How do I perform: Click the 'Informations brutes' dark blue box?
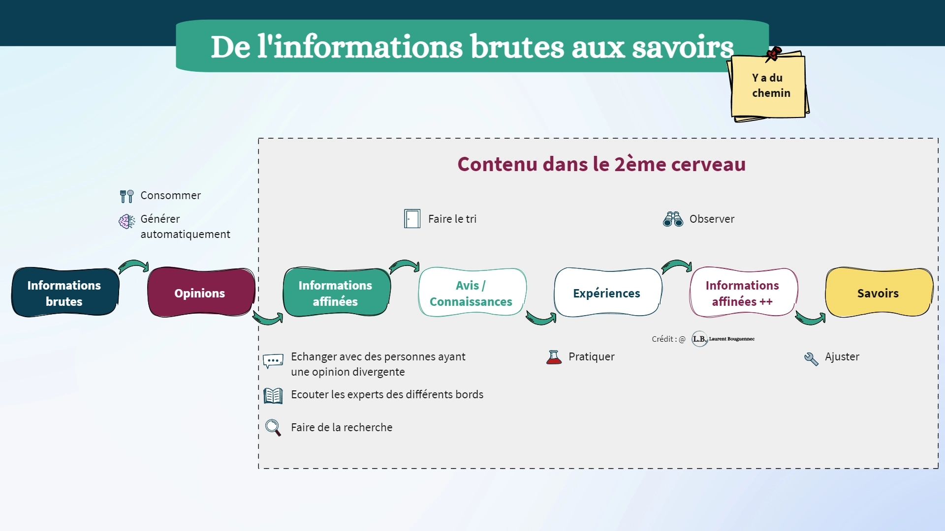65,293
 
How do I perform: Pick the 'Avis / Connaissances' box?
472,293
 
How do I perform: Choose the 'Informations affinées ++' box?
743,293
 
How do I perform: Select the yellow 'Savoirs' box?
879,293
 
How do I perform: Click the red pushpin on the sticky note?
773,54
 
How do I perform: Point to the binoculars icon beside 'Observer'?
673,219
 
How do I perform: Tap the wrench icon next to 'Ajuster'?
811,359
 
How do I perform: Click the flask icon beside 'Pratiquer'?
554,357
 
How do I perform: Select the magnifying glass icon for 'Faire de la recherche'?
273,427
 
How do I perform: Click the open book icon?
273,395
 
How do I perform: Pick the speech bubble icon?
273,361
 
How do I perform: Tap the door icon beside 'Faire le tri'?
412,219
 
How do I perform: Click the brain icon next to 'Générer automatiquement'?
126,221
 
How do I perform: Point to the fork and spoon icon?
126,196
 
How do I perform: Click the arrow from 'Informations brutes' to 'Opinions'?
133,265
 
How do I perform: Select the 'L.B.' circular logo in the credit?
699,339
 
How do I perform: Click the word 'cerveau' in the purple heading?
708,164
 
